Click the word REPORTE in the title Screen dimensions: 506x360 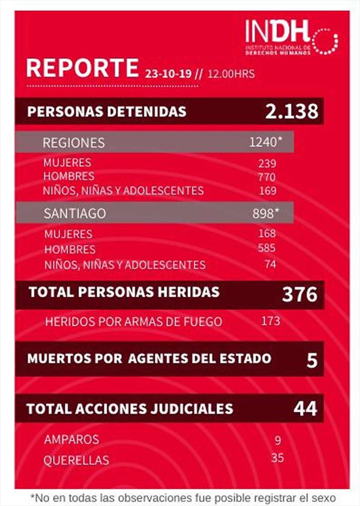[82, 68]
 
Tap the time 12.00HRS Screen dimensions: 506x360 [232, 74]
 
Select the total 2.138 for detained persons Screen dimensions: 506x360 [292, 112]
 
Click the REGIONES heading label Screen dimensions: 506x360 [73, 143]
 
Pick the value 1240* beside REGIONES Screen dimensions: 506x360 [265, 143]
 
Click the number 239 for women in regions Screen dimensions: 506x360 [267, 164]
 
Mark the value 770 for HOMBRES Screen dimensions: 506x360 [267, 177]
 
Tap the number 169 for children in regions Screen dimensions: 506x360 [267, 191]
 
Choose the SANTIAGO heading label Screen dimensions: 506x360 [75, 213]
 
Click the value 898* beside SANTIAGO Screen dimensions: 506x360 [266, 213]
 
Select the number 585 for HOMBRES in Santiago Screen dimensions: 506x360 [267, 248]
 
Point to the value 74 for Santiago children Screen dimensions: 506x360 [270, 264]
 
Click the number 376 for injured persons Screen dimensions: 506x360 [299, 294]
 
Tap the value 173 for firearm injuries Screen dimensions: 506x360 [271, 321]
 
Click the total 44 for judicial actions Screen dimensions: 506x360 [305, 409]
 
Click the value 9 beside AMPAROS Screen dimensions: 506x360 [277, 441]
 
